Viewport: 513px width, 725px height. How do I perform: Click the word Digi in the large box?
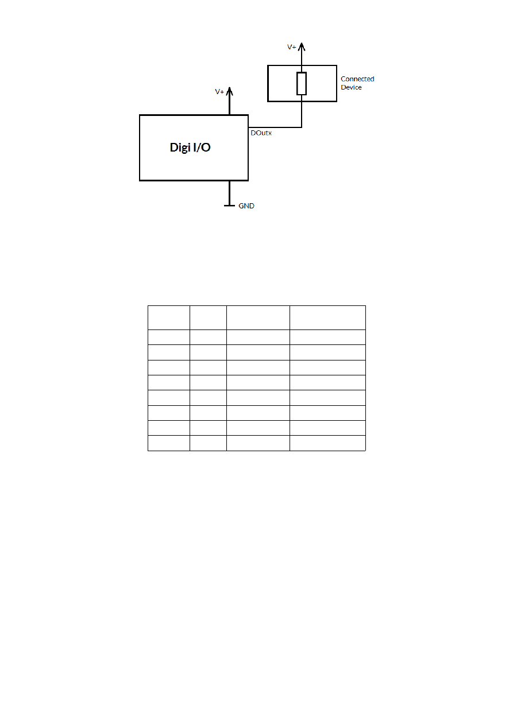(180, 148)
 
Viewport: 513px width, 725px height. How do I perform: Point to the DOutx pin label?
(261, 133)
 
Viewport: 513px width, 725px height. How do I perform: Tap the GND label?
(246, 206)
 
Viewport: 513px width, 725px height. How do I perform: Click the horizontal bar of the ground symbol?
(229, 205)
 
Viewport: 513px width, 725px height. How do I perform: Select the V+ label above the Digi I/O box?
(219, 92)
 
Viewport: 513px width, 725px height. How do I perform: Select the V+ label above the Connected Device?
(292, 47)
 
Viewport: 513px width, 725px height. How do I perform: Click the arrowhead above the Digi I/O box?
(230, 91)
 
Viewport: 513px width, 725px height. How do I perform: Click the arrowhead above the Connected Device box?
(302, 46)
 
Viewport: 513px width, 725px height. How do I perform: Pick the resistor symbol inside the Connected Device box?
(302, 84)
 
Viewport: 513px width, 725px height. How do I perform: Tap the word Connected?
(357, 79)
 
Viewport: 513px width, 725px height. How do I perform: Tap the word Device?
(351, 87)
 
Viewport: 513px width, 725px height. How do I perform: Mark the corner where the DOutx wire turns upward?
(302, 127)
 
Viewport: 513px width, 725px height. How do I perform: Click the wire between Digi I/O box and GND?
(230, 192)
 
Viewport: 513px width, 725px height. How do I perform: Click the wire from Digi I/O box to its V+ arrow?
(230, 106)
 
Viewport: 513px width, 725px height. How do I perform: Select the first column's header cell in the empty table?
(169, 317)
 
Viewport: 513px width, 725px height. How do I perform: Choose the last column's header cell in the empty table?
(327, 317)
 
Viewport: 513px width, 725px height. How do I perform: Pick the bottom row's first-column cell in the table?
(169, 443)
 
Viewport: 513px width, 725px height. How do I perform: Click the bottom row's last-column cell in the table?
(327, 443)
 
